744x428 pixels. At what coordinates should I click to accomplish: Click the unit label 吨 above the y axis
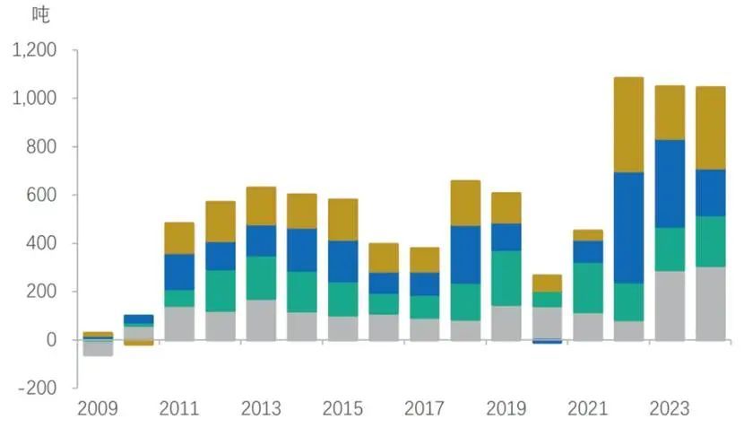coord(41,14)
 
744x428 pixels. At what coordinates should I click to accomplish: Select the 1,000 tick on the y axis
coord(35,98)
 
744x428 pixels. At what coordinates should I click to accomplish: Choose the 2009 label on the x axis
coord(98,409)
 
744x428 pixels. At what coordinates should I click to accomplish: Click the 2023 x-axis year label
coord(669,409)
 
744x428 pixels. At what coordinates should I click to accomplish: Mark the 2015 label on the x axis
coord(342,409)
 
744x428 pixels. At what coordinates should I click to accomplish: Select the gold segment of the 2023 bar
coord(670,112)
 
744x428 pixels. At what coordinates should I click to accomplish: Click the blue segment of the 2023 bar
coord(670,183)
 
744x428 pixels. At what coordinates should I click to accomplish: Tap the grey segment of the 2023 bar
coord(670,305)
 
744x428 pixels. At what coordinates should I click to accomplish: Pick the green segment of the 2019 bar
coord(506,278)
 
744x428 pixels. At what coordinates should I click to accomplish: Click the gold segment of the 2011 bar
coord(179,238)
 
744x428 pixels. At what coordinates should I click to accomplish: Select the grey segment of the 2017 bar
coord(424,329)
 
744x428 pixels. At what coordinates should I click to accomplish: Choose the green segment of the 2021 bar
coord(588,287)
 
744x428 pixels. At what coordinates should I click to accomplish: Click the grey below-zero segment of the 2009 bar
coord(98,350)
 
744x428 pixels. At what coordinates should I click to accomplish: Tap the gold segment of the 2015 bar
coord(342,220)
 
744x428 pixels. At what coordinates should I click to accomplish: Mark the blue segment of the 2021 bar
coord(588,251)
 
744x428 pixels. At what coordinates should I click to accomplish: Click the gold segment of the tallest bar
coord(628,125)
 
